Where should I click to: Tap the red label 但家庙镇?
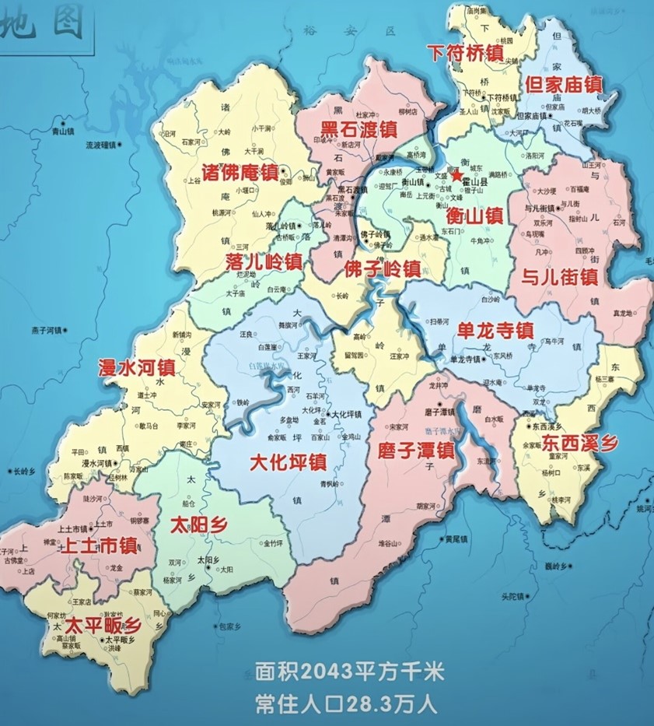564,83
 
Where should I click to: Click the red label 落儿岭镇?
263,258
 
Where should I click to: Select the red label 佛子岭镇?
382,268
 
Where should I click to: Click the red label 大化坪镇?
288,461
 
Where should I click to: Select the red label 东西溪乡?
580,443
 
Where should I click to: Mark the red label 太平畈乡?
102,625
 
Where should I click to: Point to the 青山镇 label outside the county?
62,132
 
